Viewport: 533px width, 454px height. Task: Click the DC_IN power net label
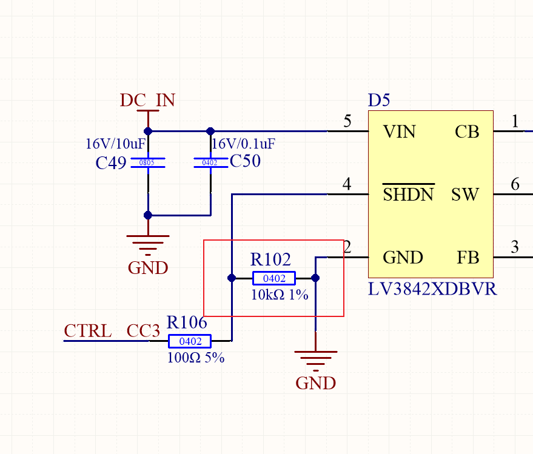147,100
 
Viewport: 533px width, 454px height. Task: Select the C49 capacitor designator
111,163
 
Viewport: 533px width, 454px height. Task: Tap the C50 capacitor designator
245,161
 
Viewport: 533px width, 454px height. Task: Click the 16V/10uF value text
115,144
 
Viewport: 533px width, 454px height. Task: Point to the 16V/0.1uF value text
243,144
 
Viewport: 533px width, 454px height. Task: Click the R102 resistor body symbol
274,278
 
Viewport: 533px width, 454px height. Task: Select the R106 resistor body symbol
189,341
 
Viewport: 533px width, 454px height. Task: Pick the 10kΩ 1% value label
280,295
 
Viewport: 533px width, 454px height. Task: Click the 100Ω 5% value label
195,358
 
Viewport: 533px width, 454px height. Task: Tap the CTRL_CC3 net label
112,331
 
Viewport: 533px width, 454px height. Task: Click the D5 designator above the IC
379,101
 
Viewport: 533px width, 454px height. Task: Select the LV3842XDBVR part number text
432,289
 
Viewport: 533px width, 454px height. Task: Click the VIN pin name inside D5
400,132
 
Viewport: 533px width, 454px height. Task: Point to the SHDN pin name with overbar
409,195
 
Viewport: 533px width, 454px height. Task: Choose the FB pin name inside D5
468,258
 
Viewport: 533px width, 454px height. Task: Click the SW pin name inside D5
465,195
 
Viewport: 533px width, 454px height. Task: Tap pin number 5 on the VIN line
347,121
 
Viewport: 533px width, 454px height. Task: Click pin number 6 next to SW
515,184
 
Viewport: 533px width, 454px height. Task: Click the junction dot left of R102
231,278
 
